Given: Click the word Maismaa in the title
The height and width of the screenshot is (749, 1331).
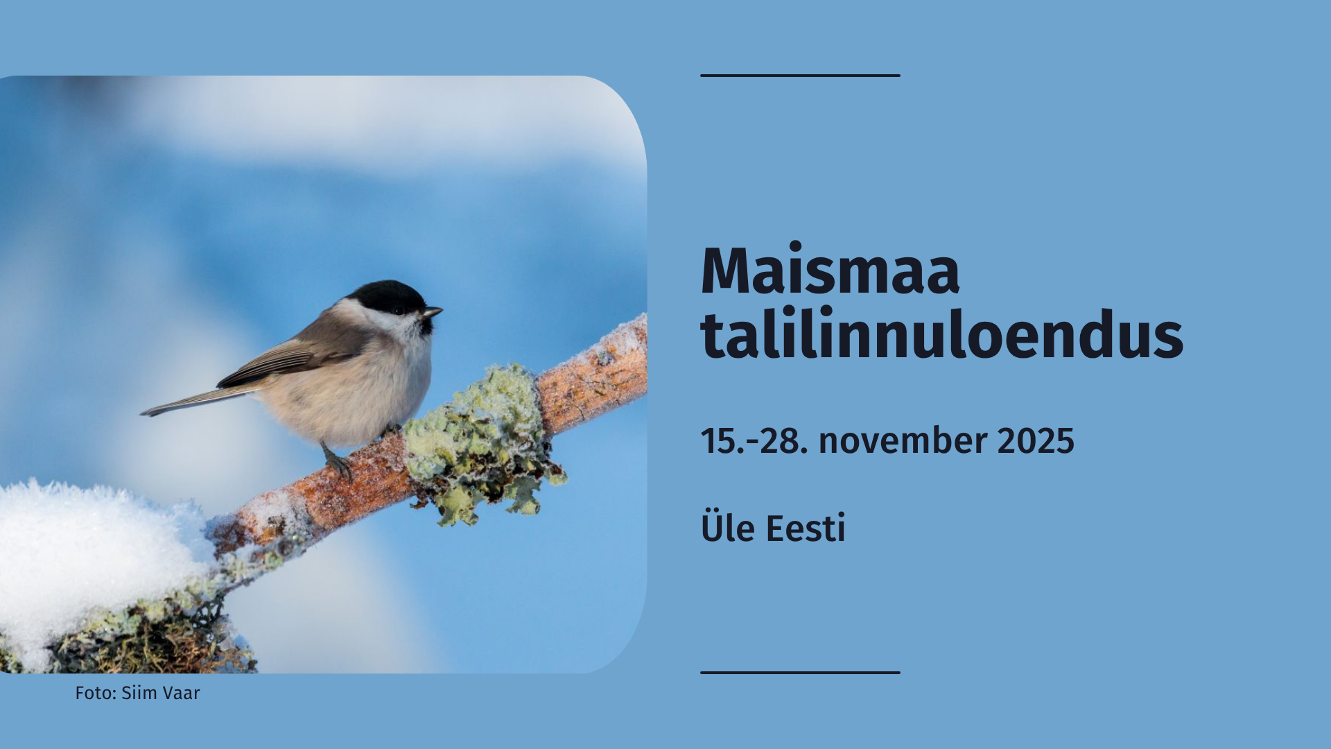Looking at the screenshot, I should click(x=830, y=271).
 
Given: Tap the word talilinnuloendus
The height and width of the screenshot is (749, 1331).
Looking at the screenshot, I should click(x=941, y=336).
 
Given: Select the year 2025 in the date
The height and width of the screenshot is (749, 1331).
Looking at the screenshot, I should click(x=1036, y=441).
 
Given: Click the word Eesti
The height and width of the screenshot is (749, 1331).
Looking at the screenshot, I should click(x=806, y=528).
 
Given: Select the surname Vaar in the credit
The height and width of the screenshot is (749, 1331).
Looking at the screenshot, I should click(x=182, y=693).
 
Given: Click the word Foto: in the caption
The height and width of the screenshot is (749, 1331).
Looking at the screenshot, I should click(x=96, y=693).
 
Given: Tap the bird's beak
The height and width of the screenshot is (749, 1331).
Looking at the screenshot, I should click(x=433, y=313).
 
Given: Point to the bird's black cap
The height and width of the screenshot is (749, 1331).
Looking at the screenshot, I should click(x=385, y=294).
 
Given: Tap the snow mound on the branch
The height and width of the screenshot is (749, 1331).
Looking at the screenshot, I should click(x=83, y=548).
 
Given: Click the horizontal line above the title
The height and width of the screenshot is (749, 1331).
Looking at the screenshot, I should click(x=800, y=75).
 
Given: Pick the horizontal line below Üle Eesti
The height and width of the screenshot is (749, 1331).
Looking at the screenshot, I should click(x=800, y=672).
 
